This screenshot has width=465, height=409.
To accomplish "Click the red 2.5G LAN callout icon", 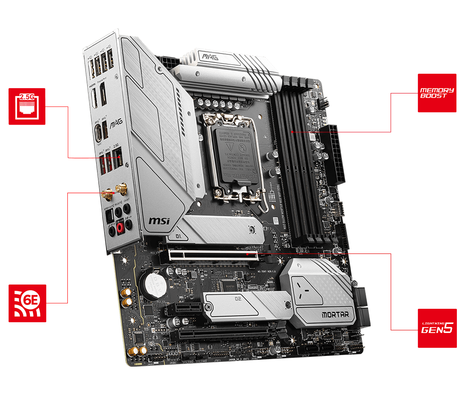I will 27,106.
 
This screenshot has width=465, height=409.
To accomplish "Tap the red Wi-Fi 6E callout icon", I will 27,303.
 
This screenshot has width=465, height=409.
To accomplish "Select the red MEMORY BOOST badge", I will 437,93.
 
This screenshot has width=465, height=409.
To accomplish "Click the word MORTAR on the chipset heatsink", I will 335,315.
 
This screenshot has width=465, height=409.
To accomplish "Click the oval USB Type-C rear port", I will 97,133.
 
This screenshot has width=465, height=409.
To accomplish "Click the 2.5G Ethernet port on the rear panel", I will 118,157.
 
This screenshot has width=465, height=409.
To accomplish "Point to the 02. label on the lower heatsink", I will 239,298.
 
